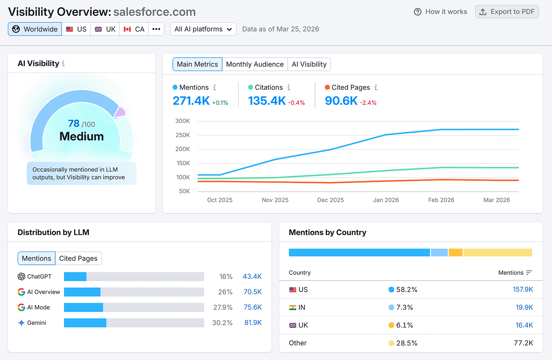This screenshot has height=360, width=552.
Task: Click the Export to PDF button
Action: click(507, 12)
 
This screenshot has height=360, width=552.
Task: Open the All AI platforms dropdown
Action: click(203, 29)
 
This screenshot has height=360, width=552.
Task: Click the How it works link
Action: click(441, 12)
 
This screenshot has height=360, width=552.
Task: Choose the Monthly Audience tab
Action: click(255, 64)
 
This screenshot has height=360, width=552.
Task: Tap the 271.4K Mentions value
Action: click(191, 101)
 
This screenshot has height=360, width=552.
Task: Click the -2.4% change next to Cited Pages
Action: click(368, 103)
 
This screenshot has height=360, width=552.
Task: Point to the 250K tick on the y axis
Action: click(183, 135)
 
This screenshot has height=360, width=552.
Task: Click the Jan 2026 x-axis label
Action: click(386, 200)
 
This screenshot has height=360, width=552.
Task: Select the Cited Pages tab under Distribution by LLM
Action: click(78, 258)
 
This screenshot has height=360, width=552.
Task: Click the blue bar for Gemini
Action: click(85, 323)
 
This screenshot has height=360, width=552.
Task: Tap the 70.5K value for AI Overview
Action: click(253, 292)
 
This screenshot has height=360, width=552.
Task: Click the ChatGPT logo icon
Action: click(21, 276)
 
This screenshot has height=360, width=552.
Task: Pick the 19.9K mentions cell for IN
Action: click(524, 307)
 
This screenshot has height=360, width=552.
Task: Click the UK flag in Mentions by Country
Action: click(293, 325)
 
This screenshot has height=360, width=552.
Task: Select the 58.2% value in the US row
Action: click(406, 290)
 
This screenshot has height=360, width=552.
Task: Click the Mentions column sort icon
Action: click(529, 273)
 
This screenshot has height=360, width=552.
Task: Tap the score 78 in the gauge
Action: click(74, 123)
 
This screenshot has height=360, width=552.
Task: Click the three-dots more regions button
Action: click(156, 29)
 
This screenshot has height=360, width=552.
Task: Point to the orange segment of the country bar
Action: click(455, 252)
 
